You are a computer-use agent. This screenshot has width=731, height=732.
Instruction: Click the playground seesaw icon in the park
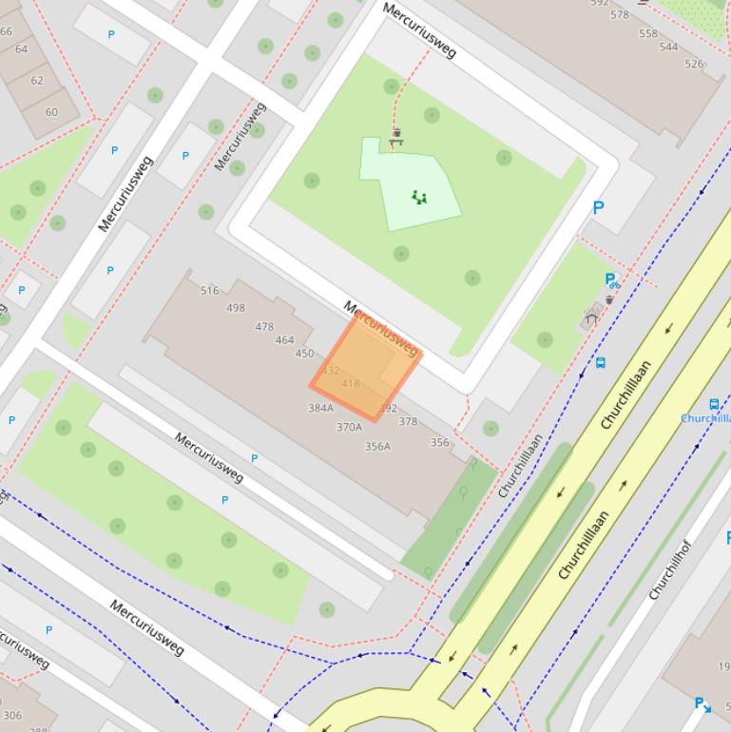click(x=419, y=198)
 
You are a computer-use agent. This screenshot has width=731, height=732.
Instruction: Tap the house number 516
click(x=210, y=290)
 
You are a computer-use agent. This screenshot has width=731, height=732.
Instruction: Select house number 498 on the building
click(x=236, y=308)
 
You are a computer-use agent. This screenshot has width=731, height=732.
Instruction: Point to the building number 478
click(x=264, y=326)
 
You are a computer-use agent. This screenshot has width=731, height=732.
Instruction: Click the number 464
click(x=284, y=339)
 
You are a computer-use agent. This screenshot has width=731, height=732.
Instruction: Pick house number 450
click(x=304, y=354)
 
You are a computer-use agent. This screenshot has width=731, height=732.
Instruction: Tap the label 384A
click(x=320, y=408)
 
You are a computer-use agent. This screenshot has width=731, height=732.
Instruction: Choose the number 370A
click(x=349, y=427)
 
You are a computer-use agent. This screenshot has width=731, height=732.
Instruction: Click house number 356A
click(x=377, y=446)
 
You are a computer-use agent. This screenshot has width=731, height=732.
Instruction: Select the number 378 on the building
click(x=408, y=421)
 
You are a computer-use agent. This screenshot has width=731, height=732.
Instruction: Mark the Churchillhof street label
click(x=668, y=569)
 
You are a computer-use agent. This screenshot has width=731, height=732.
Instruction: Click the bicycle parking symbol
click(x=611, y=280)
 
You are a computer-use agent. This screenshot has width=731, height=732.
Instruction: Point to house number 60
click(x=51, y=112)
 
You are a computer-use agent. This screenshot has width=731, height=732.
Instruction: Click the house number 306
click(x=12, y=716)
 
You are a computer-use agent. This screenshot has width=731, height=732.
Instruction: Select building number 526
click(x=694, y=64)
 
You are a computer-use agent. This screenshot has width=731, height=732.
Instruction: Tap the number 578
click(x=620, y=14)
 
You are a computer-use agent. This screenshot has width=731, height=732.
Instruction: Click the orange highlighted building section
click(x=366, y=367)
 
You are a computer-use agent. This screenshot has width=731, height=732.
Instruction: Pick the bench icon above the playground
click(x=396, y=137)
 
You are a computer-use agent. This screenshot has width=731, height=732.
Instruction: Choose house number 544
click(x=669, y=47)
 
